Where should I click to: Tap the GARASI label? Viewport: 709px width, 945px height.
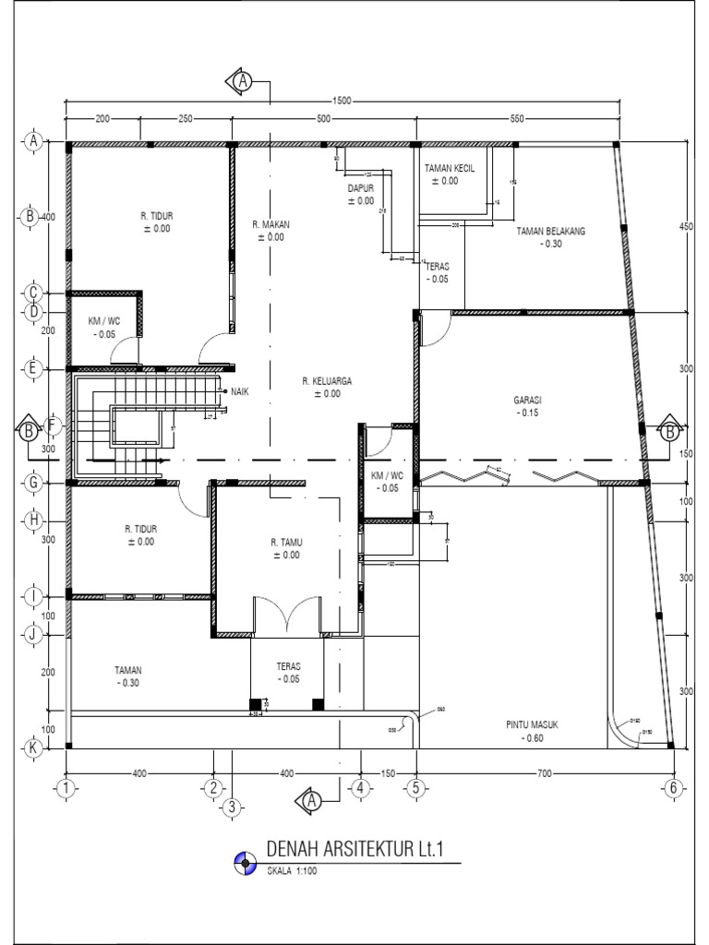[527, 401]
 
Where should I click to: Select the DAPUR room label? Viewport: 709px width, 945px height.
[360, 188]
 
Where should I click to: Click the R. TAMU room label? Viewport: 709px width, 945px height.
[286, 543]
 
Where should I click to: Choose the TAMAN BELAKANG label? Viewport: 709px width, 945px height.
[552, 231]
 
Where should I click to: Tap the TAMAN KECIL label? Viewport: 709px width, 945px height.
[449, 169]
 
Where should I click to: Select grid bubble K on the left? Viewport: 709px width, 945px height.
[31, 748]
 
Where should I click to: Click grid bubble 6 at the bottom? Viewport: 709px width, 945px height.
[673, 787]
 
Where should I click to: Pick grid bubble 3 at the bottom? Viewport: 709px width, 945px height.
[232, 807]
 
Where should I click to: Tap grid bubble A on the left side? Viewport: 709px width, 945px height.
[31, 142]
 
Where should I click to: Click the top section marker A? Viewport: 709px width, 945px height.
[242, 81]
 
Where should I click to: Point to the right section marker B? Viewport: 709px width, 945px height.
[669, 430]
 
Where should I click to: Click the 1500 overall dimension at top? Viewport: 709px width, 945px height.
[342, 102]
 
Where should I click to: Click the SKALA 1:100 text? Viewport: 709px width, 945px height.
[292, 870]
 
